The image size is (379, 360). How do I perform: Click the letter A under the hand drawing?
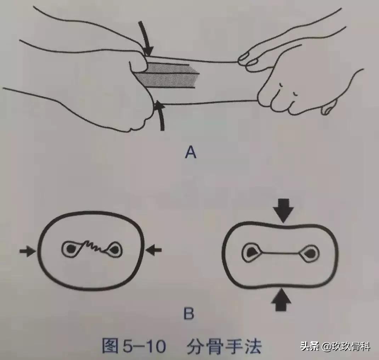pos(190,153)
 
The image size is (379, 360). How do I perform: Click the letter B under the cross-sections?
pos(188,314)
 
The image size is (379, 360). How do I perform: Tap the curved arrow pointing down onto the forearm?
pos(146,39)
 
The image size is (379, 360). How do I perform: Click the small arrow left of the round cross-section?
pos(27,251)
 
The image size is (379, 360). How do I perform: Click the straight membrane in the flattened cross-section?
pos(281,253)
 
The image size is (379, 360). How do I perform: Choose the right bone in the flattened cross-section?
pos(309,253)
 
